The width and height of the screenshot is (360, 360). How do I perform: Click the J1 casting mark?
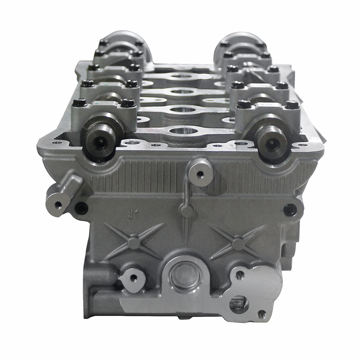click(133, 216)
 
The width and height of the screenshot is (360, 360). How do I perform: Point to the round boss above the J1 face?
click(199, 173)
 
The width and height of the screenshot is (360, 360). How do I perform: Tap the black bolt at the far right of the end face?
click(290, 210)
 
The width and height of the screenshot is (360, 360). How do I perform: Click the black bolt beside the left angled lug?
click(81, 208)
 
